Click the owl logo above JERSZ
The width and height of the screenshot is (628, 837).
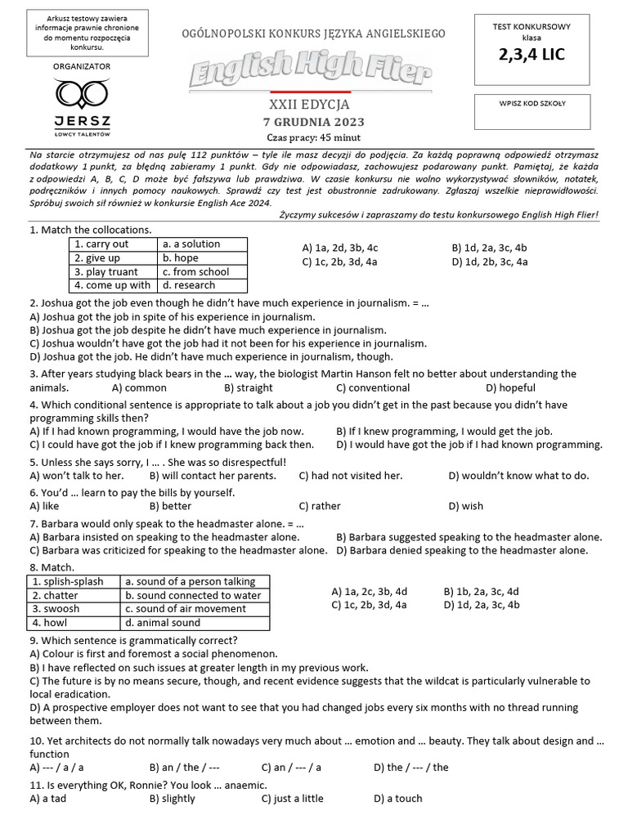pos(81,94)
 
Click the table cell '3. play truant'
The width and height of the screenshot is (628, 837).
pos(112,271)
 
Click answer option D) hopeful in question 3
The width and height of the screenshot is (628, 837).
pos(510,387)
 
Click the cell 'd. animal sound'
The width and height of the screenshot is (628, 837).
pos(163,623)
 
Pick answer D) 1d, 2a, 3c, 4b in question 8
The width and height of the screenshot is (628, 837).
pos(481,605)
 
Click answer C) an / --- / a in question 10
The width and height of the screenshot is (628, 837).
pos(291,768)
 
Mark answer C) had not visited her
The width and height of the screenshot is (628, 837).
pos(351,475)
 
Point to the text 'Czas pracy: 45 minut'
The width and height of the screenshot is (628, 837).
pos(313,137)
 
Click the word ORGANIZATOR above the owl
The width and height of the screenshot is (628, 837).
pos(81,66)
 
